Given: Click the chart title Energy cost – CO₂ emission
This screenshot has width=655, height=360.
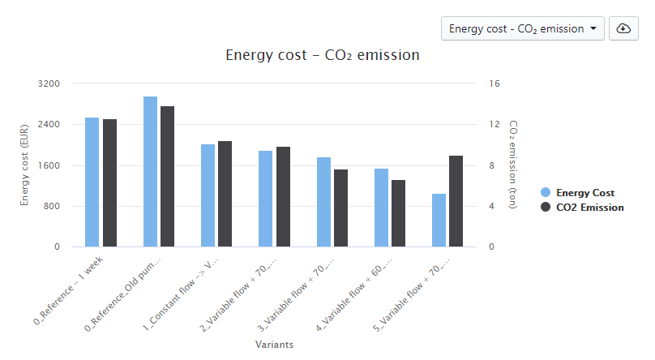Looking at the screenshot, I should click(x=322, y=56).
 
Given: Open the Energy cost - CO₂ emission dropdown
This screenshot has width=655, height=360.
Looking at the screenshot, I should click(x=522, y=28).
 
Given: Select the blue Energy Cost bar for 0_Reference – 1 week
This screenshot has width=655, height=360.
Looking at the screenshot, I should click(x=92, y=182).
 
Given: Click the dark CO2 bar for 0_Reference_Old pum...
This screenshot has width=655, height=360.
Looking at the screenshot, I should click(x=167, y=176).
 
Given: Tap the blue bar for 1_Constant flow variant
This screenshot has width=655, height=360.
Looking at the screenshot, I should click(x=208, y=195).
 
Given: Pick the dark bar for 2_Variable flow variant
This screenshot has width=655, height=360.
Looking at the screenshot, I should click(x=283, y=196).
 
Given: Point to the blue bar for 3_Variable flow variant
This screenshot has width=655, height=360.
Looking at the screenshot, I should click(x=323, y=202).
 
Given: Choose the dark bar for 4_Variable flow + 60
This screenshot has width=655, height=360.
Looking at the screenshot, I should click(x=399, y=213).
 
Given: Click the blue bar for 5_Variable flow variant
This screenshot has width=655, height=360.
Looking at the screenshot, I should click(x=439, y=220).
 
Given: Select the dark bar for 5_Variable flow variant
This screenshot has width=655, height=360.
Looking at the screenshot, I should click(x=456, y=201).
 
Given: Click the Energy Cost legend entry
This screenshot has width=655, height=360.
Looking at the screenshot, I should click(x=584, y=193).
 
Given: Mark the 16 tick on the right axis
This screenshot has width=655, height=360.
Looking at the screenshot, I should click(x=494, y=84).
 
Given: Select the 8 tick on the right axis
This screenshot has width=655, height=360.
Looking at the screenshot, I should click(x=492, y=165).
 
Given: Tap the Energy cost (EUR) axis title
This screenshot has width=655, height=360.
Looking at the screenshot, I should click(x=25, y=165).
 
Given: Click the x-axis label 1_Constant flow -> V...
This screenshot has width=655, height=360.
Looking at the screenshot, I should click(x=184, y=292).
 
